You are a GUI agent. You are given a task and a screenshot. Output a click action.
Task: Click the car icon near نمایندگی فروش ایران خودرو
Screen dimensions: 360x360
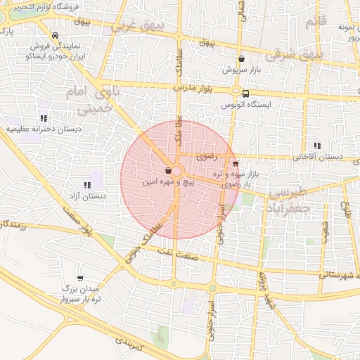pyautogui.click(x=55, y=35)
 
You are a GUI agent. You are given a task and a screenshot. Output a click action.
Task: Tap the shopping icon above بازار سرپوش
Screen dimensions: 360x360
pyautogui.click(x=242, y=60)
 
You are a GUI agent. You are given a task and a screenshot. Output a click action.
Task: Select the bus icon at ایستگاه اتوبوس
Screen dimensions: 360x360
pyautogui.click(x=245, y=93)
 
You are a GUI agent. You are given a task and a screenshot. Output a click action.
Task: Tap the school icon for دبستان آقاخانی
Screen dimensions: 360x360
pyautogui.click(x=318, y=146)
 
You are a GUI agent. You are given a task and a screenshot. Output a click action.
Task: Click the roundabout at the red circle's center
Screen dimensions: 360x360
pyautogui.click(x=176, y=172)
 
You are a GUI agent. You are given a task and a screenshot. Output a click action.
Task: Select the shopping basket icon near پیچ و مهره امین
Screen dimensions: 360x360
pyautogui.click(x=167, y=171)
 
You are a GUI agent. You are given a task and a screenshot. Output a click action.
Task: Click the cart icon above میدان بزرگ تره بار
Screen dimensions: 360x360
pyautogui.click(x=79, y=278)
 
